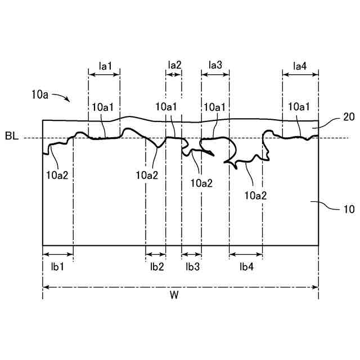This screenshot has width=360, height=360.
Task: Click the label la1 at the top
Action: pyautogui.click(x=105, y=66)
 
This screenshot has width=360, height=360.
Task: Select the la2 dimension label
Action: pyautogui.click(x=174, y=66)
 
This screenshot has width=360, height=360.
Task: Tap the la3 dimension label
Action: pyautogui.click(x=215, y=66)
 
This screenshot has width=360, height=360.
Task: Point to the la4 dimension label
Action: pyautogui.click(x=300, y=66)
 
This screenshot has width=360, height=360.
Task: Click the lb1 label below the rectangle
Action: pyautogui.click(x=57, y=267)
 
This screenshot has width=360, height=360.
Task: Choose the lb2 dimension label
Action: pyautogui.click(x=157, y=267)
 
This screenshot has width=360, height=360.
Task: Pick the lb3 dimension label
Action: pyautogui.click(x=192, y=267)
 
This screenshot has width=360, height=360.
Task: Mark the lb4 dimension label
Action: pyautogui.click(x=246, y=267)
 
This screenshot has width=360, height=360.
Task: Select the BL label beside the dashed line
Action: pyautogui.click(x=12, y=137)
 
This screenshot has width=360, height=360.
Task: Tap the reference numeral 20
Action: pyautogui.click(x=348, y=117)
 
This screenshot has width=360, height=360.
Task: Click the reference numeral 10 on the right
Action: pyautogui.click(x=348, y=209)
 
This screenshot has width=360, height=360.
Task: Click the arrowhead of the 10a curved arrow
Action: pyautogui.click(x=68, y=101)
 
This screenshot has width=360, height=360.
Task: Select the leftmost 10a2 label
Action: pyautogui.click(x=57, y=174)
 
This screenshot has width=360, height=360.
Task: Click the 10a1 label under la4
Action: pyautogui.click(x=299, y=106)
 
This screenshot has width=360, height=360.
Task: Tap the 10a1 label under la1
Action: pyautogui.click(x=103, y=106)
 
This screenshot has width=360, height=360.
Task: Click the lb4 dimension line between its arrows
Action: pyautogui.click(x=246, y=255)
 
